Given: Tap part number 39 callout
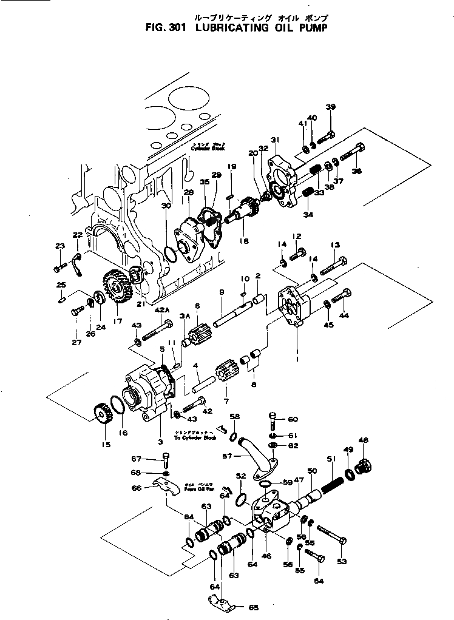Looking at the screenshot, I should pos(330,107).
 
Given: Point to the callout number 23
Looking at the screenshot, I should pos(59,246).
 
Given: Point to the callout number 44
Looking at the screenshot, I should pos(344,316).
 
